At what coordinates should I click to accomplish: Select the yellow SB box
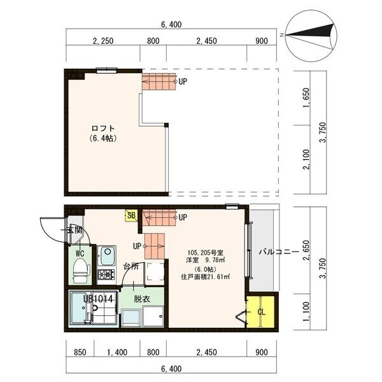pyautogui.click(x=131, y=215)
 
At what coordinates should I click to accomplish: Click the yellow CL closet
pyautogui.click(x=261, y=312)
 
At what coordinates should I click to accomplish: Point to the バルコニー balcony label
pyautogui.click(x=278, y=252)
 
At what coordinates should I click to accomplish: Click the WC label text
pyautogui.click(x=80, y=253)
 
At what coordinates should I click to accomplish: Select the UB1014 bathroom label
pyautogui.click(x=97, y=298)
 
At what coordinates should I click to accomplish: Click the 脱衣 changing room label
pyautogui.click(x=141, y=298)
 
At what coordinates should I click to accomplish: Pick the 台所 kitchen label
pyautogui.click(x=131, y=265)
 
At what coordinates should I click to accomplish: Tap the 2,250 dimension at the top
pyautogui.click(x=103, y=41)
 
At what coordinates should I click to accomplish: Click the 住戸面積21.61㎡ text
pyautogui.click(x=205, y=277)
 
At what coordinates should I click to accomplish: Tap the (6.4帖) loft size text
pyautogui.click(x=101, y=138)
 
